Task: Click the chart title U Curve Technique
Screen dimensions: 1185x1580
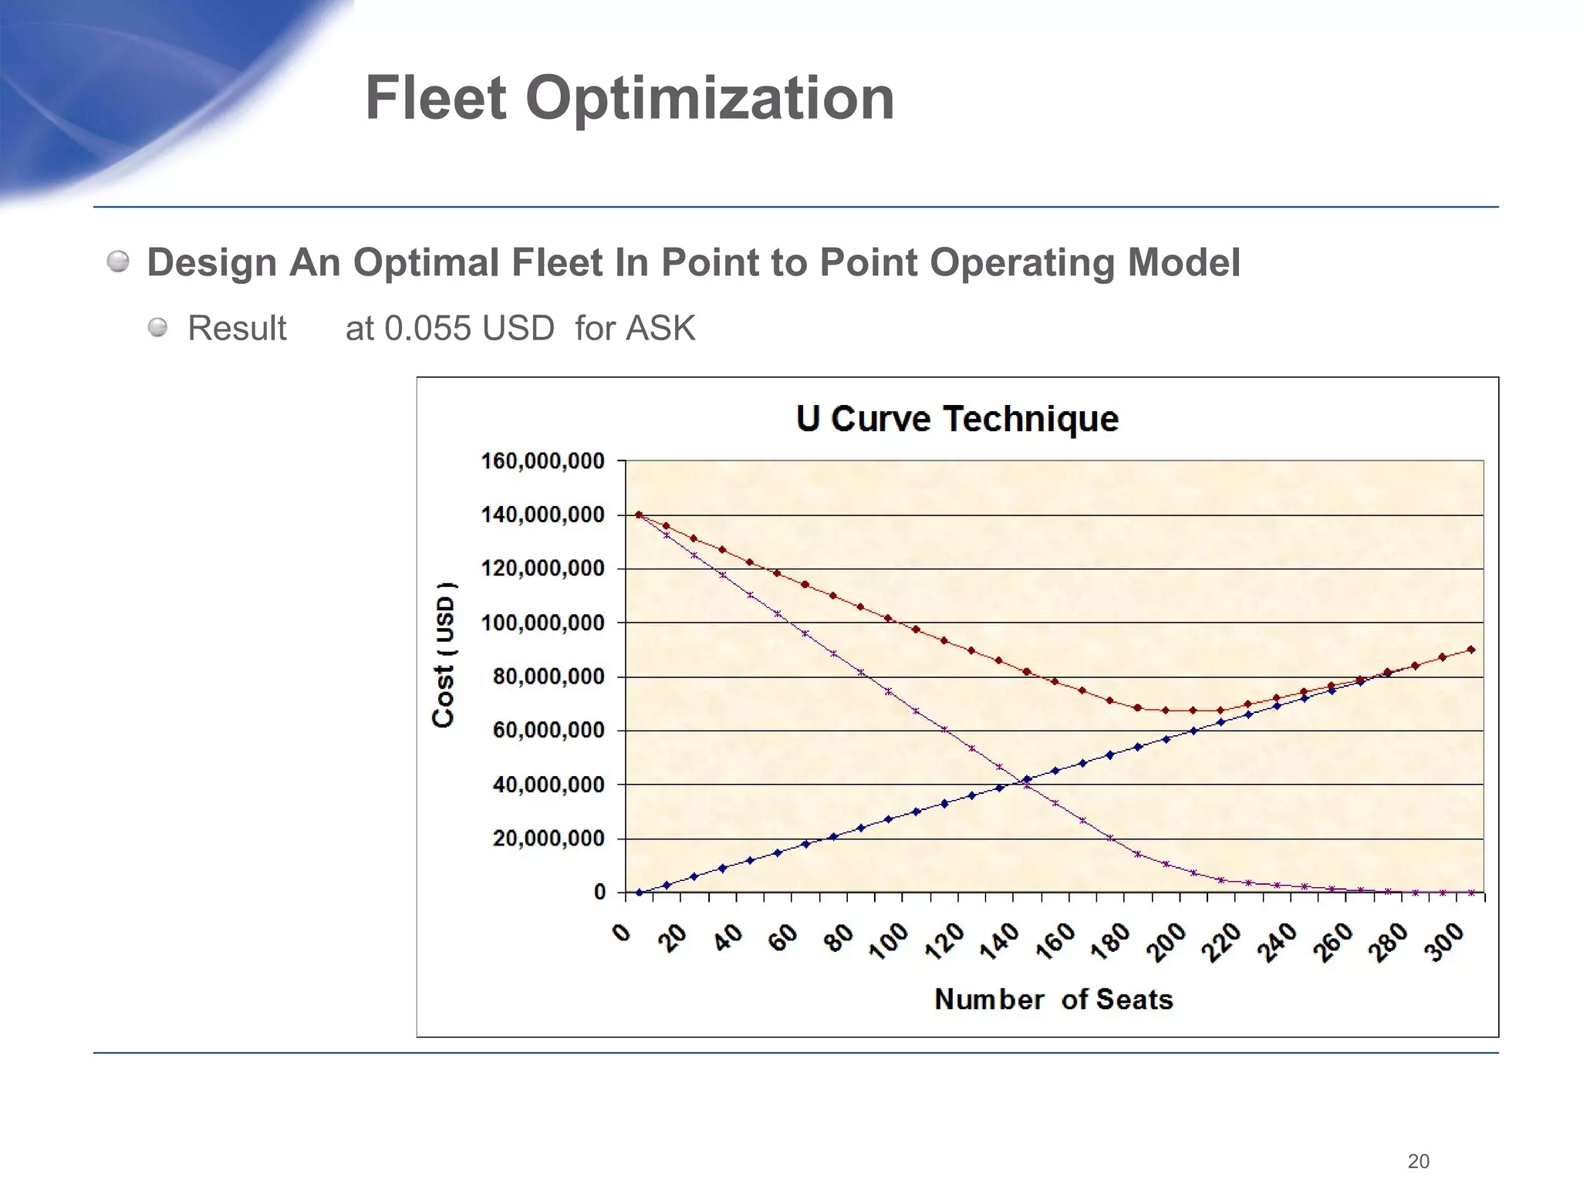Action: [x=957, y=419]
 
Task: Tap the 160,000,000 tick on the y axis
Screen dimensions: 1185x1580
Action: [x=542, y=461]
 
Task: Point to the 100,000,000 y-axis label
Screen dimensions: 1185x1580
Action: [x=542, y=623]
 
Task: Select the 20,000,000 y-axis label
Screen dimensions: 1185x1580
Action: [x=548, y=839]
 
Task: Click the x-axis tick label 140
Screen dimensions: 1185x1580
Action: [x=1000, y=942]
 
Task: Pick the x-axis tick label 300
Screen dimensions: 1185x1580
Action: [x=1444, y=942]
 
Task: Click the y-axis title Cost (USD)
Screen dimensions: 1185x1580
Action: [x=444, y=654]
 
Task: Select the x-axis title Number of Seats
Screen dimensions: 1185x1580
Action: [x=1053, y=1000]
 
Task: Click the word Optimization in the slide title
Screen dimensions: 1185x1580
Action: [x=710, y=99]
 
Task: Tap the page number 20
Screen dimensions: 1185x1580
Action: [x=1418, y=1161]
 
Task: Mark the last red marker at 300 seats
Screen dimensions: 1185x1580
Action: [x=1471, y=650]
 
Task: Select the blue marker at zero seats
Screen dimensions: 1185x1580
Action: [x=639, y=893]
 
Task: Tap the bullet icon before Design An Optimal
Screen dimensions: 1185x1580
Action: [x=118, y=262]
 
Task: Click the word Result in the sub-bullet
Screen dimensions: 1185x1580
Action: [x=237, y=329]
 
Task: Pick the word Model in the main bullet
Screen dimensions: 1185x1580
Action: [x=1183, y=262]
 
